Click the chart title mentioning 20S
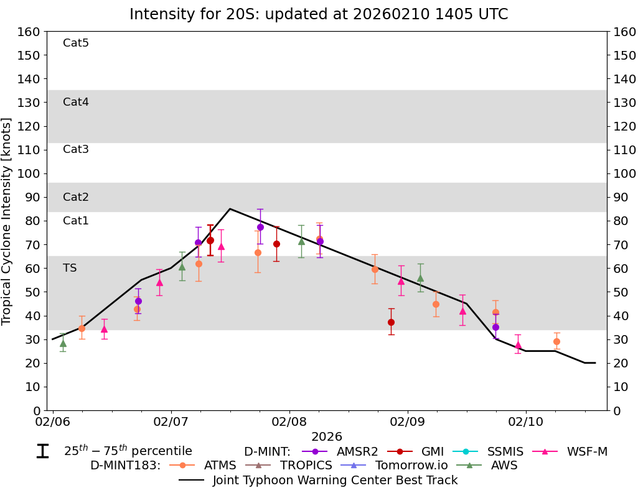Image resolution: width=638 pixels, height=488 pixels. (319, 14)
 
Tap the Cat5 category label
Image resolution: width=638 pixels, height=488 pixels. (76, 43)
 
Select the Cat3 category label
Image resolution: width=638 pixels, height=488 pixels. (76, 149)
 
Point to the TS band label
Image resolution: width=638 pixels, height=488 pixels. (70, 268)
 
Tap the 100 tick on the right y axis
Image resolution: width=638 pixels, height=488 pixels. (624, 173)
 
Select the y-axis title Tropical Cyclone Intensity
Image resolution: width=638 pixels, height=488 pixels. (7, 221)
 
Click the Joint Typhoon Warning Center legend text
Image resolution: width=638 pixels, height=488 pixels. (335, 480)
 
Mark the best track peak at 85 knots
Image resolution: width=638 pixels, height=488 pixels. (230, 209)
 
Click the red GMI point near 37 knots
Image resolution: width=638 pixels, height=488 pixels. (391, 322)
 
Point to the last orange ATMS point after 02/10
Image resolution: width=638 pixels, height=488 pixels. (556, 341)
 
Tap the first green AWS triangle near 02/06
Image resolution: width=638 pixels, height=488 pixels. (63, 343)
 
